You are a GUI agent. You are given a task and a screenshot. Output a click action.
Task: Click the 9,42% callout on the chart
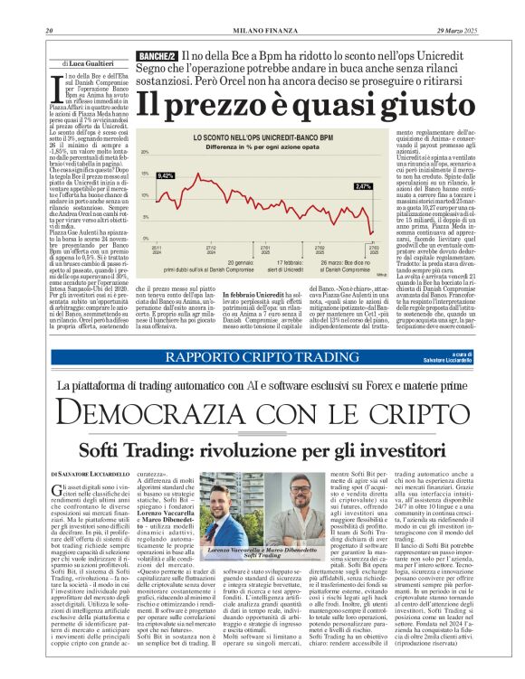(165, 175)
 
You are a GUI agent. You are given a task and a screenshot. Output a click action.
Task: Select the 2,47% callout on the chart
(362, 186)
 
